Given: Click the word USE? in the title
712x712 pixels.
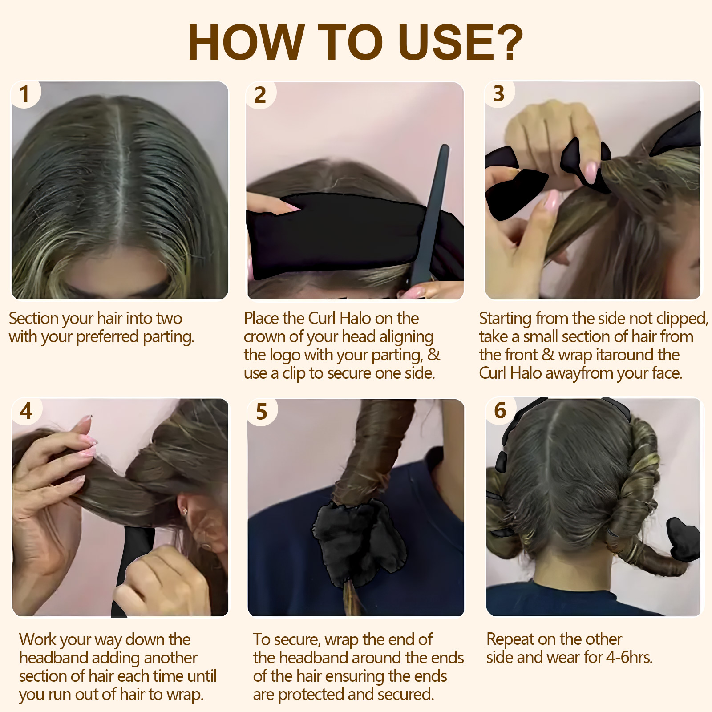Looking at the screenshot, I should click(x=461, y=42).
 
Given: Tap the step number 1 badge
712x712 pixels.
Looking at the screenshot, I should click(x=25, y=94).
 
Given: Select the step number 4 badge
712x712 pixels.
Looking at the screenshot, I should click(x=26, y=410).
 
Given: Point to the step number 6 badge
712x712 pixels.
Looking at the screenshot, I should click(x=500, y=410).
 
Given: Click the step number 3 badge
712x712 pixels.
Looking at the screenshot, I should click(x=499, y=94).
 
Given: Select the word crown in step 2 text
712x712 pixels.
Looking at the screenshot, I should click(x=264, y=337).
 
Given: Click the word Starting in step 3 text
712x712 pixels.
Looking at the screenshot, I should click(x=505, y=319).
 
